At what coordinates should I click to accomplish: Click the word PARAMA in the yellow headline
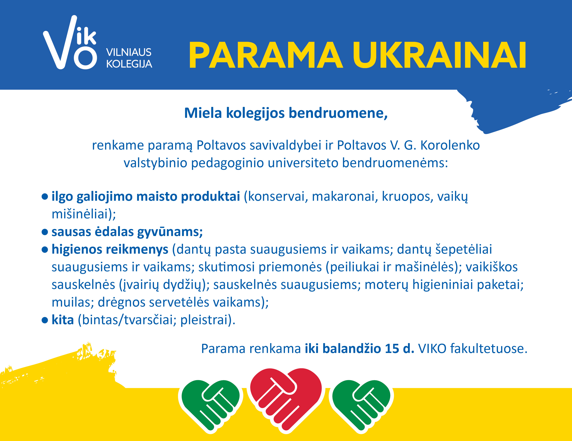point(266,55)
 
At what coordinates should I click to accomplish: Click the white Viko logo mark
point(70,43)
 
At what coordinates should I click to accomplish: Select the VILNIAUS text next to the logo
point(129,52)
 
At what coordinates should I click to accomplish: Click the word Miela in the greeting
point(203,113)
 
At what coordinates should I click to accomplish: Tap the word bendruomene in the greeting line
point(338,113)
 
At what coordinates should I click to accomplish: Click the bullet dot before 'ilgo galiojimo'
point(45,197)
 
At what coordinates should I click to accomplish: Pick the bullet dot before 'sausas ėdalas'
point(45,232)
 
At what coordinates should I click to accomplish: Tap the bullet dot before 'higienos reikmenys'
point(45,250)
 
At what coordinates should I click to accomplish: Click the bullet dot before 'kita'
point(45,320)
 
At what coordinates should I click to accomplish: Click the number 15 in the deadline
point(392,349)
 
